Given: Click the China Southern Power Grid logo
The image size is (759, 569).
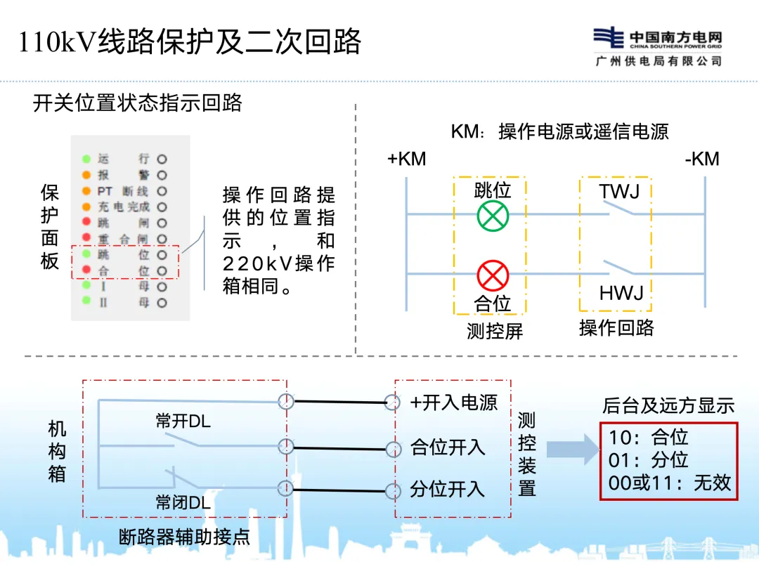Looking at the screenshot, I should click(x=609, y=38).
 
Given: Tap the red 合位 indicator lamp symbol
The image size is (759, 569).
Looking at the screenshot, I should click(x=493, y=275).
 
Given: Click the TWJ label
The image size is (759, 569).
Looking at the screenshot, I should click(x=620, y=191).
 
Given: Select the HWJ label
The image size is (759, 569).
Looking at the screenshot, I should click(x=621, y=293).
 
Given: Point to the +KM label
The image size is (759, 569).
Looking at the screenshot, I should click(x=406, y=159).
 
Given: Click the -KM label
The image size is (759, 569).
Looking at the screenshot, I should click(x=702, y=159).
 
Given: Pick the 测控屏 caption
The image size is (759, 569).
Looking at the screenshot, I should click(x=495, y=331).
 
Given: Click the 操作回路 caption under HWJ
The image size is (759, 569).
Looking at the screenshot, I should click(x=616, y=328).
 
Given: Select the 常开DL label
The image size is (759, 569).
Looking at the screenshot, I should click(x=183, y=421).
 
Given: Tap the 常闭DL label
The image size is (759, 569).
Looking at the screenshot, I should click(x=183, y=503).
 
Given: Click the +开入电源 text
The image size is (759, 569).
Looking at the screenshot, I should click(x=454, y=403).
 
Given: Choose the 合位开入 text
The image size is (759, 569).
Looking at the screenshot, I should click(x=448, y=447).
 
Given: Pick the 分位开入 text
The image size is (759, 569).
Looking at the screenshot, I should click(x=448, y=489).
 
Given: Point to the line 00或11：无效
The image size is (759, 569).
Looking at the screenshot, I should click(x=670, y=483).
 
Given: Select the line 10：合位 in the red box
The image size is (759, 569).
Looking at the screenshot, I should click(x=648, y=438).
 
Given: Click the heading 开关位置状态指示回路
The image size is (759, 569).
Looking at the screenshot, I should click(x=138, y=103).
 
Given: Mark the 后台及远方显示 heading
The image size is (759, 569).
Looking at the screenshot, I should click(x=668, y=405).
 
